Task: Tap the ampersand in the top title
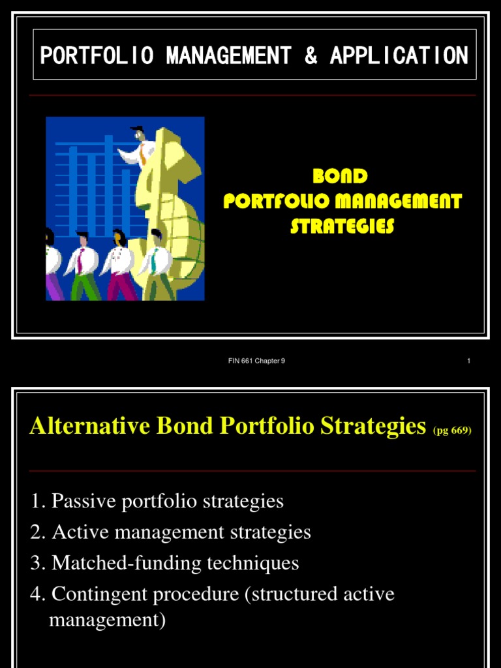pyautogui.click(x=311, y=56)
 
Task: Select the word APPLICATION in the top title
pyautogui.click(x=399, y=56)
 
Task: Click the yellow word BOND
pyautogui.click(x=340, y=177)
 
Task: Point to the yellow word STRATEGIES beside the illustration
pyautogui.click(x=342, y=226)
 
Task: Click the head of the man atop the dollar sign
pyautogui.click(x=138, y=134)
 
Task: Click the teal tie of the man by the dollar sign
pyautogui.click(x=154, y=262)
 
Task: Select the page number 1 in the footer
pyautogui.click(x=468, y=361)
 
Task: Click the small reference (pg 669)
pyautogui.click(x=451, y=431)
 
